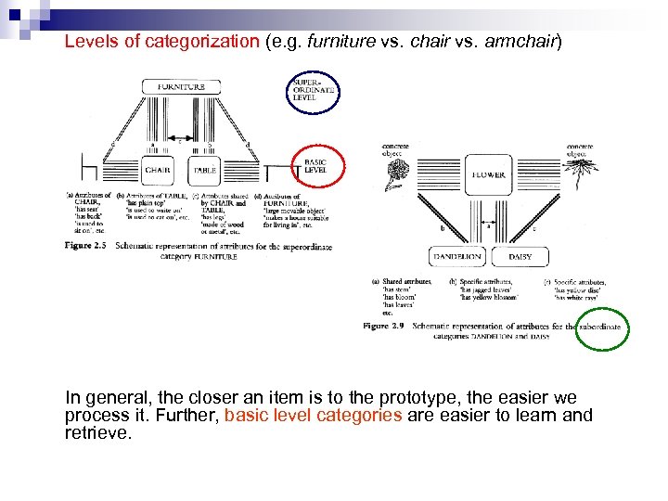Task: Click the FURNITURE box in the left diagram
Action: click(x=181, y=86)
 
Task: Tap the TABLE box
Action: click(x=205, y=170)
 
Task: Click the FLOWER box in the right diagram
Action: click(x=489, y=174)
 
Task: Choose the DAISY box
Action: click(x=521, y=255)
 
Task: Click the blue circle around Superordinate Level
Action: click(x=313, y=85)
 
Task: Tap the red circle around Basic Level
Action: click(x=318, y=168)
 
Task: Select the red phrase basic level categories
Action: click(x=314, y=415)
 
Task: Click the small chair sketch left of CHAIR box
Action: click(x=90, y=168)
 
